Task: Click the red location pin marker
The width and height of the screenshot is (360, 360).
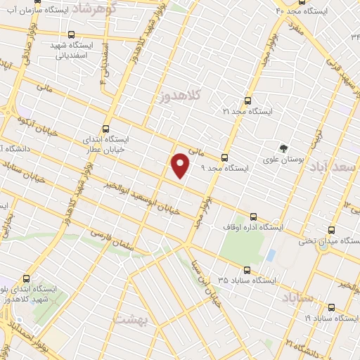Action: pyautogui.click(x=181, y=165)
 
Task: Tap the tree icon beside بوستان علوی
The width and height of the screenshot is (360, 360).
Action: pyautogui.click(x=283, y=148)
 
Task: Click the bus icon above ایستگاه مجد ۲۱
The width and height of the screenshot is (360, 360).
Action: pyautogui.click(x=245, y=101)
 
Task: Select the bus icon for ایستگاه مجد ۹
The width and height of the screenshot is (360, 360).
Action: pyautogui.click(x=224, y=157)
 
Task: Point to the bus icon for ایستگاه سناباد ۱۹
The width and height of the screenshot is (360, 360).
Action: pyautogui.click(x=331, y=307)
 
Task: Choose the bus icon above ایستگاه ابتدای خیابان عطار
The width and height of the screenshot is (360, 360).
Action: pyautogui.click(x=105, y=129)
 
